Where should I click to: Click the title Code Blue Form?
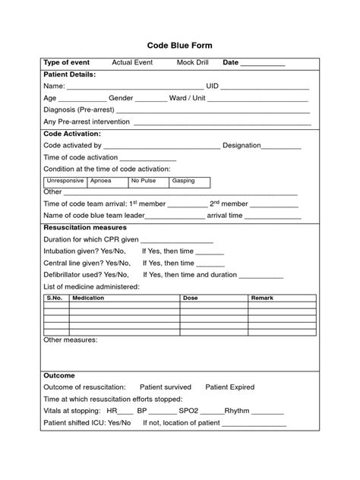[x=180, y=46]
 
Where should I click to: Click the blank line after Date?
[x=264, y=64]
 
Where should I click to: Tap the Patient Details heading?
[x=70, y=74]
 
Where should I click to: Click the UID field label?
[x=214, y=87]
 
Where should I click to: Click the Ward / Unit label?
[x=188, y=99]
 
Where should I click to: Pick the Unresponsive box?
[x=65, y=182]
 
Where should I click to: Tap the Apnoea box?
[x=107, y=182]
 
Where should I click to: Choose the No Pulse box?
[x=148, y=182]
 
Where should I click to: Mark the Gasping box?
[x=190, y=182]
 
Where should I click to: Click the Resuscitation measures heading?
[x=85, y=228]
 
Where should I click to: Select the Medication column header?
[x=88, y=298]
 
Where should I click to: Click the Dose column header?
[x=191, y=298]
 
